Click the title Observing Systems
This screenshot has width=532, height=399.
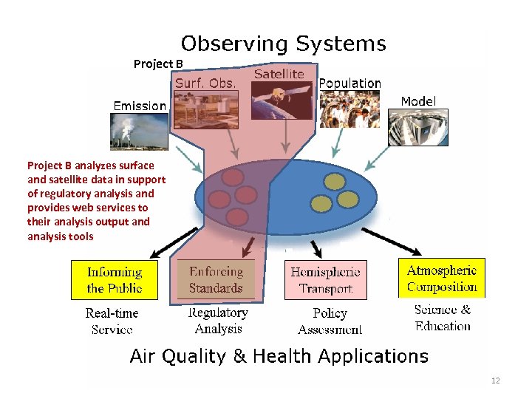[x=284, y=44]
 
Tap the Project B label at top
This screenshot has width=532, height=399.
[x=158, y=64]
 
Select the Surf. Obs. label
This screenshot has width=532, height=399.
[x=205, y=83]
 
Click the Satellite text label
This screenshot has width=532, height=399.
[x=279, y=74]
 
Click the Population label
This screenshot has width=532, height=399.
[x=349, y=83]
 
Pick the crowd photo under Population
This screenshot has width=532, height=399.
[x=349, y=109]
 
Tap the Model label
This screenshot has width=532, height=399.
[x=418, y=101]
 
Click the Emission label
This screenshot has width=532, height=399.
[x=140, y=106]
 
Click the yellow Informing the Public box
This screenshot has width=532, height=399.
[x=115, y=280]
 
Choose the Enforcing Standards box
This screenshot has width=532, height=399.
[x=216, y=280]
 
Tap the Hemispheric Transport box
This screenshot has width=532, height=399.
[x=325, y=280]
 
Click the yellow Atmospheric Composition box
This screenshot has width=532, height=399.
[x=442, y=279]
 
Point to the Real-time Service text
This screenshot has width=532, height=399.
[x=112, y=321]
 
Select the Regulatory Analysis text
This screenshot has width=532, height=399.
[x=218, y=321]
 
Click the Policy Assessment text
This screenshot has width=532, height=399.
[x=330, y=321]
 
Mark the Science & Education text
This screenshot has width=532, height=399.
[x=442, y=318]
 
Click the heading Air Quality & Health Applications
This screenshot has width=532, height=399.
[x=279, y=356]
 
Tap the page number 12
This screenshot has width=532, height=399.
[x=495, y=381]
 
